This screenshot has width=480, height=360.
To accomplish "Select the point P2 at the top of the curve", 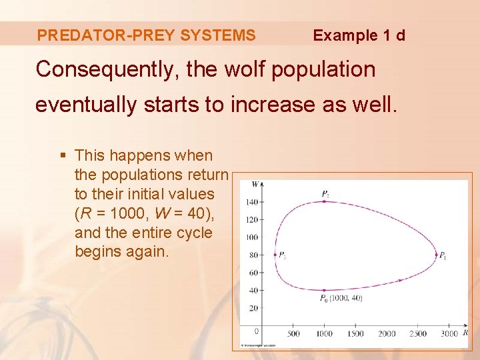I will click(324, 201).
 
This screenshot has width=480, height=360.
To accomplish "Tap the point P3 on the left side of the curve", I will click(275, 254).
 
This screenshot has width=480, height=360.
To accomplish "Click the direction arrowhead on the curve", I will click(399, 280).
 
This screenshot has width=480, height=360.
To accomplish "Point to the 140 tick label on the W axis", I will click(251, 201).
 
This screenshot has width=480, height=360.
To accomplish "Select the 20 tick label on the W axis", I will click(253, 308).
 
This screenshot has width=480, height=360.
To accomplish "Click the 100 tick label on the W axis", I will click(251, 237).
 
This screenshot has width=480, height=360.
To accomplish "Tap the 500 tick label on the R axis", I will click(293, 333).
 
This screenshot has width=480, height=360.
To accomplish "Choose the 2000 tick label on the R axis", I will click(387, 333).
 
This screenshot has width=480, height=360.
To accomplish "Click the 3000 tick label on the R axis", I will click(449, 333).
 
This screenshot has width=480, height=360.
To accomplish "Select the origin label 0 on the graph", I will click(257, 331).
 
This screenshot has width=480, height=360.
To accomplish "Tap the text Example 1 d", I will click(359, 35).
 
